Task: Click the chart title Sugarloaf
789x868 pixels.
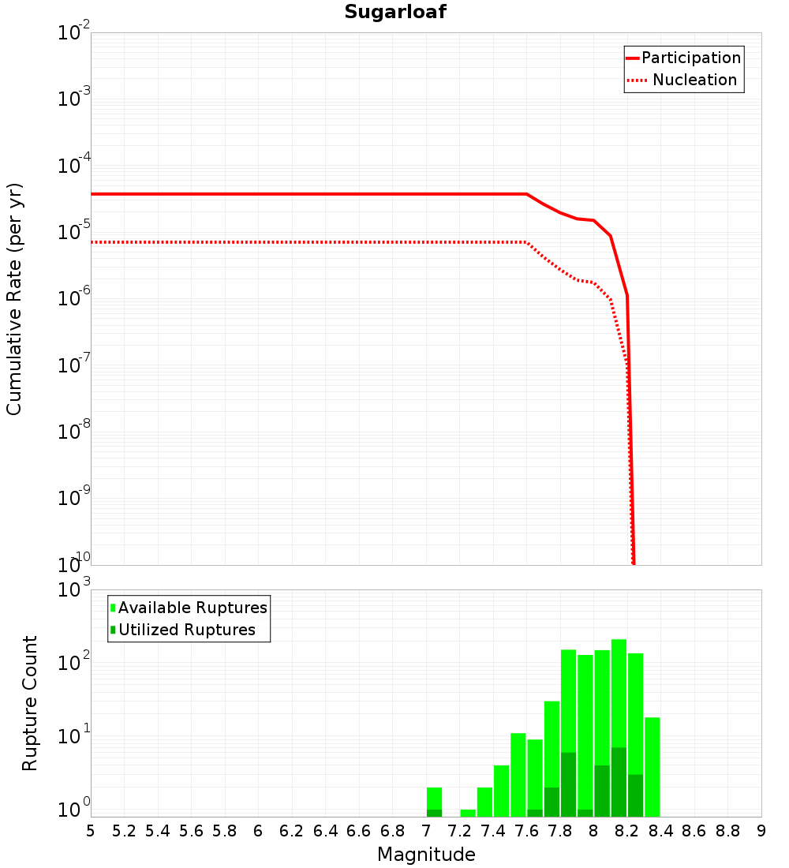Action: [x=395, y=13]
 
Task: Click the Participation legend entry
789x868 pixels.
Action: [x=690, y=58]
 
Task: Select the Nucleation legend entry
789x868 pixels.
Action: [x=694, y=80]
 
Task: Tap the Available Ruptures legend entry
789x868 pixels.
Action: [x=192, y=608]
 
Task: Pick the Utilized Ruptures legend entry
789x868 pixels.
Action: [x=186, y=630]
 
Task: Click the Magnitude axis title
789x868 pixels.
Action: [x=426, y=855]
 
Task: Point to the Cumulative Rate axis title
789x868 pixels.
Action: [x=14, y=298]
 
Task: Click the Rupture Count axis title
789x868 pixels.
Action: [x=30, y=703]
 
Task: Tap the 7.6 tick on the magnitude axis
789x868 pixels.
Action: [x=526, y=830]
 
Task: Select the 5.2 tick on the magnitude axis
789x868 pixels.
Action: [x=125, y=830]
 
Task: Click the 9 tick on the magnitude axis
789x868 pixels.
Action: [x=761, y=830]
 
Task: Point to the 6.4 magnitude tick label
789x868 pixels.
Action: [x=325, y=830]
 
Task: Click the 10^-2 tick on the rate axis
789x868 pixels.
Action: [x=73, y=34]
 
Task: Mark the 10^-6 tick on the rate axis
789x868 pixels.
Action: [x=73, y=299]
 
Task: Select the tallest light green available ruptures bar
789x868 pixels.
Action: [x=619, y=694]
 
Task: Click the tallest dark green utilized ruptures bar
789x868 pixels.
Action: [x=619, y=781]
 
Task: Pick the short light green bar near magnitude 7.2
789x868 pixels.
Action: [x=468, y=813]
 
